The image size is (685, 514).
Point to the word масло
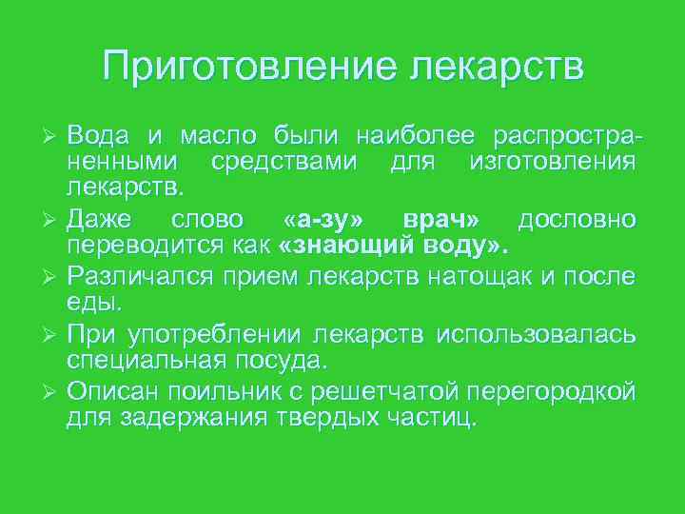coord(207,134)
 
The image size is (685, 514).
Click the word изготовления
coord(553,162)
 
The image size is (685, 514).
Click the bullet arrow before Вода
coord(52,135)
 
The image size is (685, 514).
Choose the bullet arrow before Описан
coord(52,392)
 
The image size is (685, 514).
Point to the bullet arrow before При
coord(52,335)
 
